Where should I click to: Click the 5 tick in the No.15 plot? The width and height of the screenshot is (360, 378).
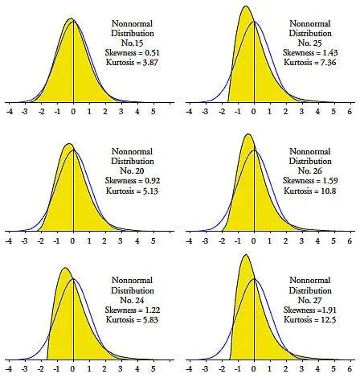(x=153, y=113)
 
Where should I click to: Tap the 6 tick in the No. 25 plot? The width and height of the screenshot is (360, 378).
(x=350, y=113)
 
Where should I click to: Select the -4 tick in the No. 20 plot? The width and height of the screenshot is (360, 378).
(x=9, y=240)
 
